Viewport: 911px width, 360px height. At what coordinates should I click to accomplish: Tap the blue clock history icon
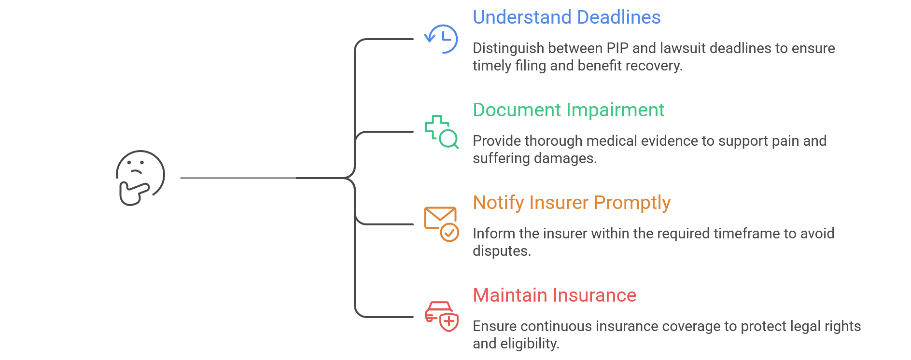441,39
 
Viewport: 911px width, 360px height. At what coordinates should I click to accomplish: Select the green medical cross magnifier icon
441,131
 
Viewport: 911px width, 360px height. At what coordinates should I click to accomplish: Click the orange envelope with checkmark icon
441,224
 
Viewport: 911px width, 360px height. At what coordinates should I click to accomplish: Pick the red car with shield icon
441,317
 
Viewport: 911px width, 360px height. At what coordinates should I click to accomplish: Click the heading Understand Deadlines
566,17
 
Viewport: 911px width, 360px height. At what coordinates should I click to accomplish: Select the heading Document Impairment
568,110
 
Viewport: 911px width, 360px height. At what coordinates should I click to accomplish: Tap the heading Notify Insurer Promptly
572,203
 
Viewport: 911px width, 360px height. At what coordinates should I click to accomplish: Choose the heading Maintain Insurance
554,295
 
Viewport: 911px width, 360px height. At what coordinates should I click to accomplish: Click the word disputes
501,251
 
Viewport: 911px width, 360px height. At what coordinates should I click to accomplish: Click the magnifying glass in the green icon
449,139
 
